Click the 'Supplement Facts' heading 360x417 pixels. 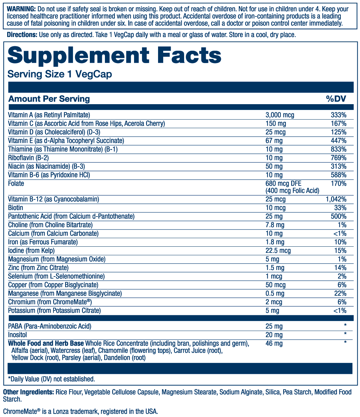point(114,55)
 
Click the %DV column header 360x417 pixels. point(336,99)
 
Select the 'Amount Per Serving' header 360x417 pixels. point(49,99)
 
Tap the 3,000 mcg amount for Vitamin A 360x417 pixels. point(280,115)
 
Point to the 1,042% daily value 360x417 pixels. point(336,199)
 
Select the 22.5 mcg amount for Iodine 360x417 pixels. point(278,251)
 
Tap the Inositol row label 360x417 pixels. point(17,335)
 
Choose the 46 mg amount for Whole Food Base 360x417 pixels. point(274,343)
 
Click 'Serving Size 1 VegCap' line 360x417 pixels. point(60,74)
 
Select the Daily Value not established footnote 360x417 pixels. point(51,379)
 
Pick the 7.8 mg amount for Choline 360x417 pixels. point(275,225)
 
